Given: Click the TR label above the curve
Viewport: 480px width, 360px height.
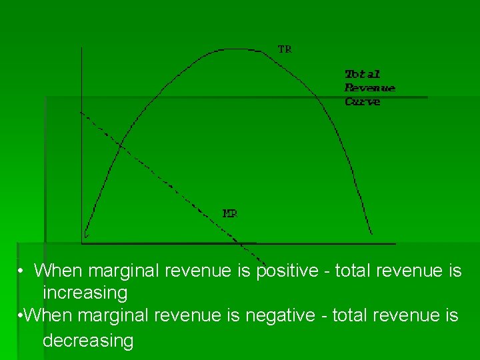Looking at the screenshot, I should [x=285, y=49].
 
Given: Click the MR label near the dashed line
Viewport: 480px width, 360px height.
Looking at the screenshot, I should [x=229, y=213].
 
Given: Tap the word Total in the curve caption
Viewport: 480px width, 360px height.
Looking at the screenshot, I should [x=362, y=74].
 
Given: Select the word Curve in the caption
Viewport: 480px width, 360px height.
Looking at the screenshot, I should [x=362, y=102].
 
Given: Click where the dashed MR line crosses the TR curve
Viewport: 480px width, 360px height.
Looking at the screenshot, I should [x=121, y=143].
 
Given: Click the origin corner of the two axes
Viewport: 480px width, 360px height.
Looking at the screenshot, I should [x=81, y=243].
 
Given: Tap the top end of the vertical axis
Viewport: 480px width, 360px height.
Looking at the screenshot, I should [x=81, y=48].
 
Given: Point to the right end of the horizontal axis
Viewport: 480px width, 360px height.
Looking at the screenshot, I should [x=394, y=243].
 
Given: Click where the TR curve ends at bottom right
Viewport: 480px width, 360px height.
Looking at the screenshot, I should [x=371, y=234].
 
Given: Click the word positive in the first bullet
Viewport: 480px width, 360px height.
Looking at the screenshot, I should [x=292, y=271].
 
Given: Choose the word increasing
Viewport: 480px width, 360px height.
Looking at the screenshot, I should [x=85, y=293].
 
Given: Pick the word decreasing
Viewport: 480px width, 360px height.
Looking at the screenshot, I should [x=88, y=341].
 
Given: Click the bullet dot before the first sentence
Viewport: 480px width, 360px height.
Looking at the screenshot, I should [x=21, y=271].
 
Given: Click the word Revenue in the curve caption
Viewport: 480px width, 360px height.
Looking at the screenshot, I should [x=369, y=88].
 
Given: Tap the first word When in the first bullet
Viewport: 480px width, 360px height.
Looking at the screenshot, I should [x=59, y=271].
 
